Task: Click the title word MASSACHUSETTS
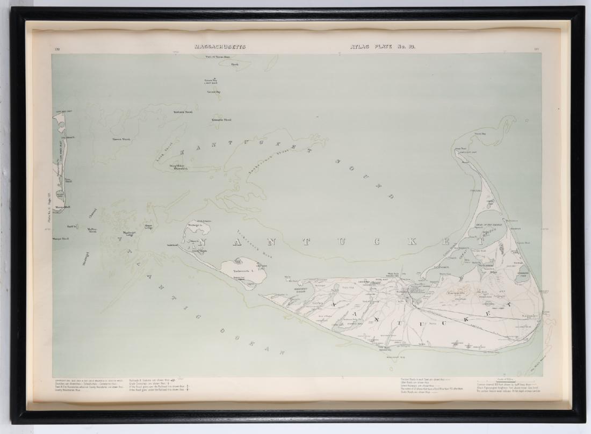tap(220, 47)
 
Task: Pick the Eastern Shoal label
tap(183, 112)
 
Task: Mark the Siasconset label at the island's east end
tap(530, 316)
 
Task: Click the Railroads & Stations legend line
tap(150, 380)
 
